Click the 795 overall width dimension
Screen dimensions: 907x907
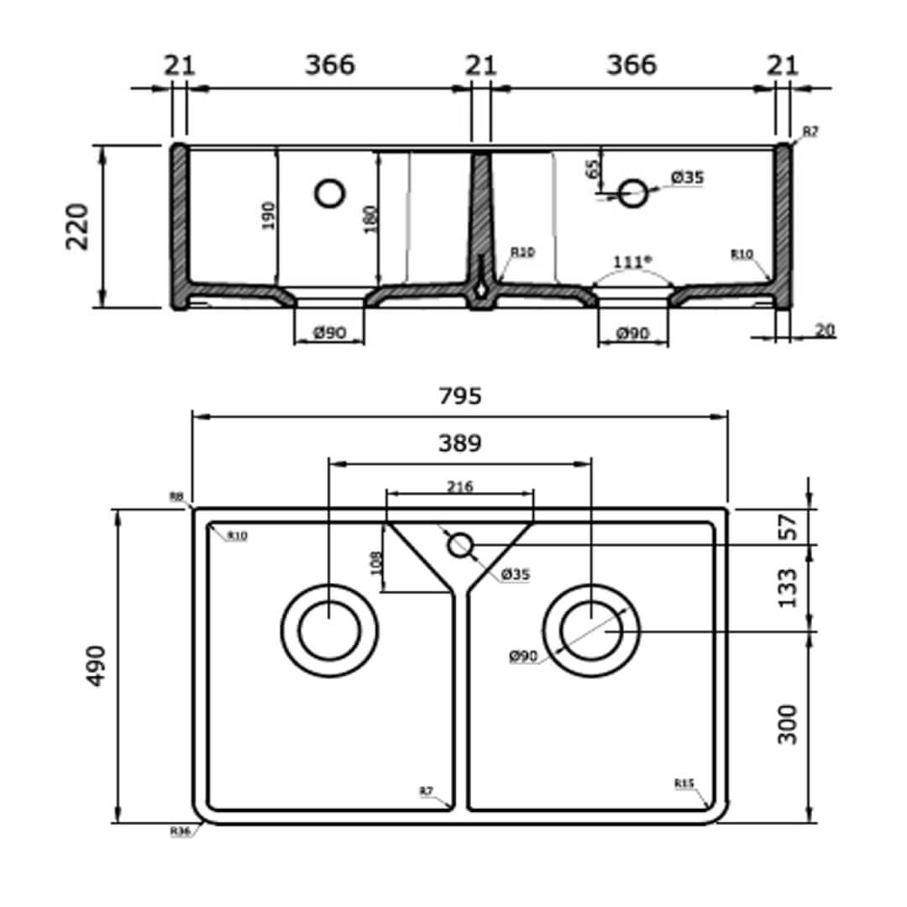pos(459,396)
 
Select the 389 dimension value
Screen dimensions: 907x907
pos(459,444)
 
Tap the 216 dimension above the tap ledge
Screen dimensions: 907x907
pos(459,487)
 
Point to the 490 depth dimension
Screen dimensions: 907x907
pos(97,665)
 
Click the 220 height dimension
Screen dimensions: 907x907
pos(78,226)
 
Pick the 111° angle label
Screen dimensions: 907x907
pos(632,262)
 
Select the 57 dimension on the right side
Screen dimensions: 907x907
pos(788,527)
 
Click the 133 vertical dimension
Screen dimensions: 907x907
pos(788,588)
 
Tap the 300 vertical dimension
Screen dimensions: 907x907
pos(788,724)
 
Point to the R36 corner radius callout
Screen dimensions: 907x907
pos(180,831)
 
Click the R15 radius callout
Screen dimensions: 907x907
pos(684,784)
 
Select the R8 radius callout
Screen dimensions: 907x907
pos(176,497)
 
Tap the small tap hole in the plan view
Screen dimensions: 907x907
pos(459,545)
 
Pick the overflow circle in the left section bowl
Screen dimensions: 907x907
pos(330,193)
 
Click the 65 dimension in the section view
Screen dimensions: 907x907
pos(594,168)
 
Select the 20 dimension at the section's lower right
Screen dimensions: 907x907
pos(825,330)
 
